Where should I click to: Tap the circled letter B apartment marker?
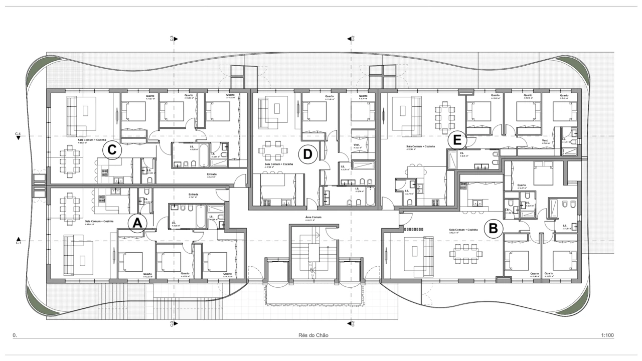pos(493,229)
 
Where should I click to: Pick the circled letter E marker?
pos(457,140)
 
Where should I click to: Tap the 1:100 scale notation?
pos(607,335)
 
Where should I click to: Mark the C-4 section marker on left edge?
pos(18,135)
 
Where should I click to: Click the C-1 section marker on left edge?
pos(19,241)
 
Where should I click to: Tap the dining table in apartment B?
pos(464,253)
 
